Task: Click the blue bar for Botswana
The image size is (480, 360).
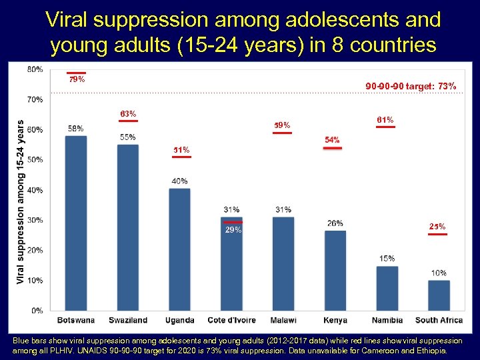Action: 75,223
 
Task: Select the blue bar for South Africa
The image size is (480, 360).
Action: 439,295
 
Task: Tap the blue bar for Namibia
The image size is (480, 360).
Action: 387,287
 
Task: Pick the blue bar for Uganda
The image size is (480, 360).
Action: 179,249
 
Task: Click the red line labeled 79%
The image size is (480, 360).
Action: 76,73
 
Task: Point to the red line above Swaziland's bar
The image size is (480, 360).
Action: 128,121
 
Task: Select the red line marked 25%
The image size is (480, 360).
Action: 437,234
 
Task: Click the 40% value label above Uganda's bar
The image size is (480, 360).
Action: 179,181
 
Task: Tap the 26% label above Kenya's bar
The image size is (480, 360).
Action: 335,223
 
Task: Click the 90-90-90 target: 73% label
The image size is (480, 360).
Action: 411,86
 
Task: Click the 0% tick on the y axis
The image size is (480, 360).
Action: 37,311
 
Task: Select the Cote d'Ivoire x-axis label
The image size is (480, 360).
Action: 231,321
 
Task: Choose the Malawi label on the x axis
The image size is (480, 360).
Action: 283,321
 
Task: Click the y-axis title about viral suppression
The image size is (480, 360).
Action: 20,201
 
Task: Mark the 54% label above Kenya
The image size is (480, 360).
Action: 332,140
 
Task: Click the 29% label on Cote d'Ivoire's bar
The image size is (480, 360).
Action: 233,230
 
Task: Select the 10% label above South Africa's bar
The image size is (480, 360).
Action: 439,273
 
